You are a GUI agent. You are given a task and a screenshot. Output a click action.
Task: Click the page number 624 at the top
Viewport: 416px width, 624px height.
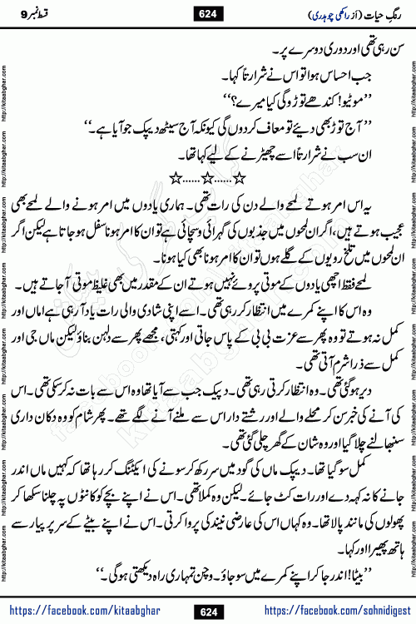click(x=208, y=12)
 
